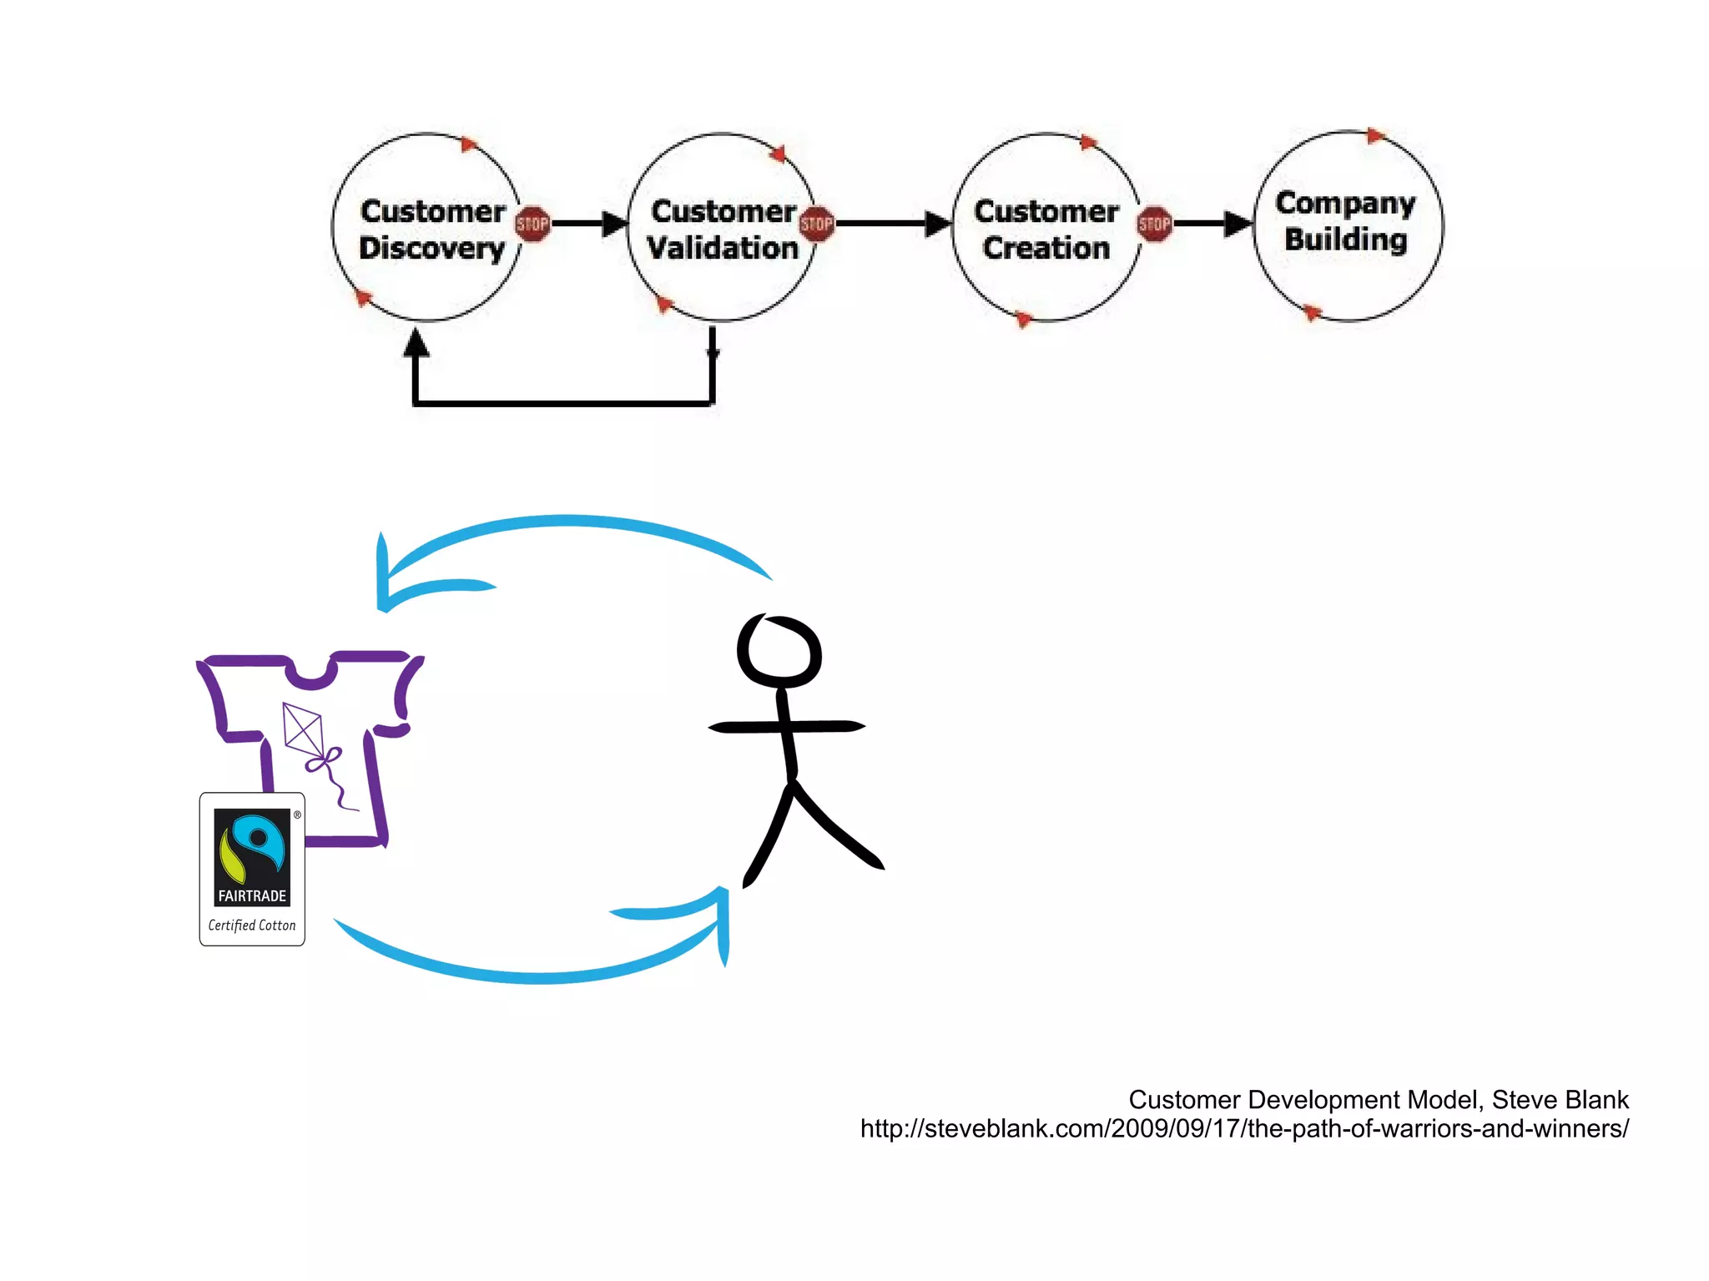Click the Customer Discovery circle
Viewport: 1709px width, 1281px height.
coord(427,228)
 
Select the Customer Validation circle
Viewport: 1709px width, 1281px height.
coord(722,228)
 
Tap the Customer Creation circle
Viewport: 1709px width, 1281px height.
coord(1046,228)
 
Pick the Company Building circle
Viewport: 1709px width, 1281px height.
coord(1347,225)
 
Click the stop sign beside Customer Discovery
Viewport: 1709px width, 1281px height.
coord(532,224)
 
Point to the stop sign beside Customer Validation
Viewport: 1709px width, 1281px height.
coord(816,224)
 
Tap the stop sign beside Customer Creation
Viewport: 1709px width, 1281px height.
coord(1155,224)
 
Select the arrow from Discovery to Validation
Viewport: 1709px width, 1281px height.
coord(589,224)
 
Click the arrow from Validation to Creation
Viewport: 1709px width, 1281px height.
coord(893,224)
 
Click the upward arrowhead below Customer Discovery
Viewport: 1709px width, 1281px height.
coord(416,343)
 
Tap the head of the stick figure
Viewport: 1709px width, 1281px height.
coord(779,652)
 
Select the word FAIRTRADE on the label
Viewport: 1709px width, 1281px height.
coord(252,895)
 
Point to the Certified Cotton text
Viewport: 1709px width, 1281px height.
coord(252,925)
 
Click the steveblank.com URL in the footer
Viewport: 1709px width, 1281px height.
coord(1244,1129)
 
